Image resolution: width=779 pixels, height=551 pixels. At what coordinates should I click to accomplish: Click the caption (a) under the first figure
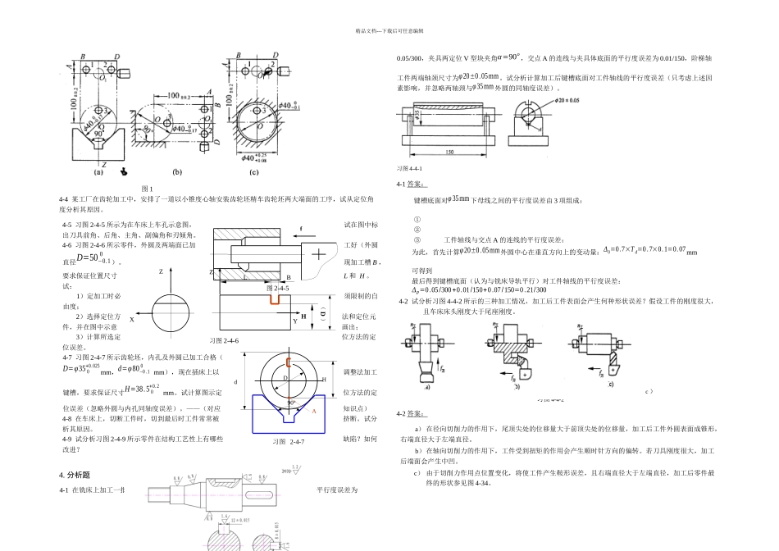98,173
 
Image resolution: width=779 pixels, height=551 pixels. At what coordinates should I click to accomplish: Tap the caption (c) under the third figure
254,172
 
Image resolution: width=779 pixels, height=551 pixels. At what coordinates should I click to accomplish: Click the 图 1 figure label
148,189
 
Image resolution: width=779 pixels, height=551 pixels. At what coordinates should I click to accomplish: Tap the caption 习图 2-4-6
224,339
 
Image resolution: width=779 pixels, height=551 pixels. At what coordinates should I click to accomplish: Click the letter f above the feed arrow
301,227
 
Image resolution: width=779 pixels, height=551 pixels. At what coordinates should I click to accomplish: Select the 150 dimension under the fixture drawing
449,153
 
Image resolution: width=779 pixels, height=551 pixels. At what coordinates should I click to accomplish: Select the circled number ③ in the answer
417,239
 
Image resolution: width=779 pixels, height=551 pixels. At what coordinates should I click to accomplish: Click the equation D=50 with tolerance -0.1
93,258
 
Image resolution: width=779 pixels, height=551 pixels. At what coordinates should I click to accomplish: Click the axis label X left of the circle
132,320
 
